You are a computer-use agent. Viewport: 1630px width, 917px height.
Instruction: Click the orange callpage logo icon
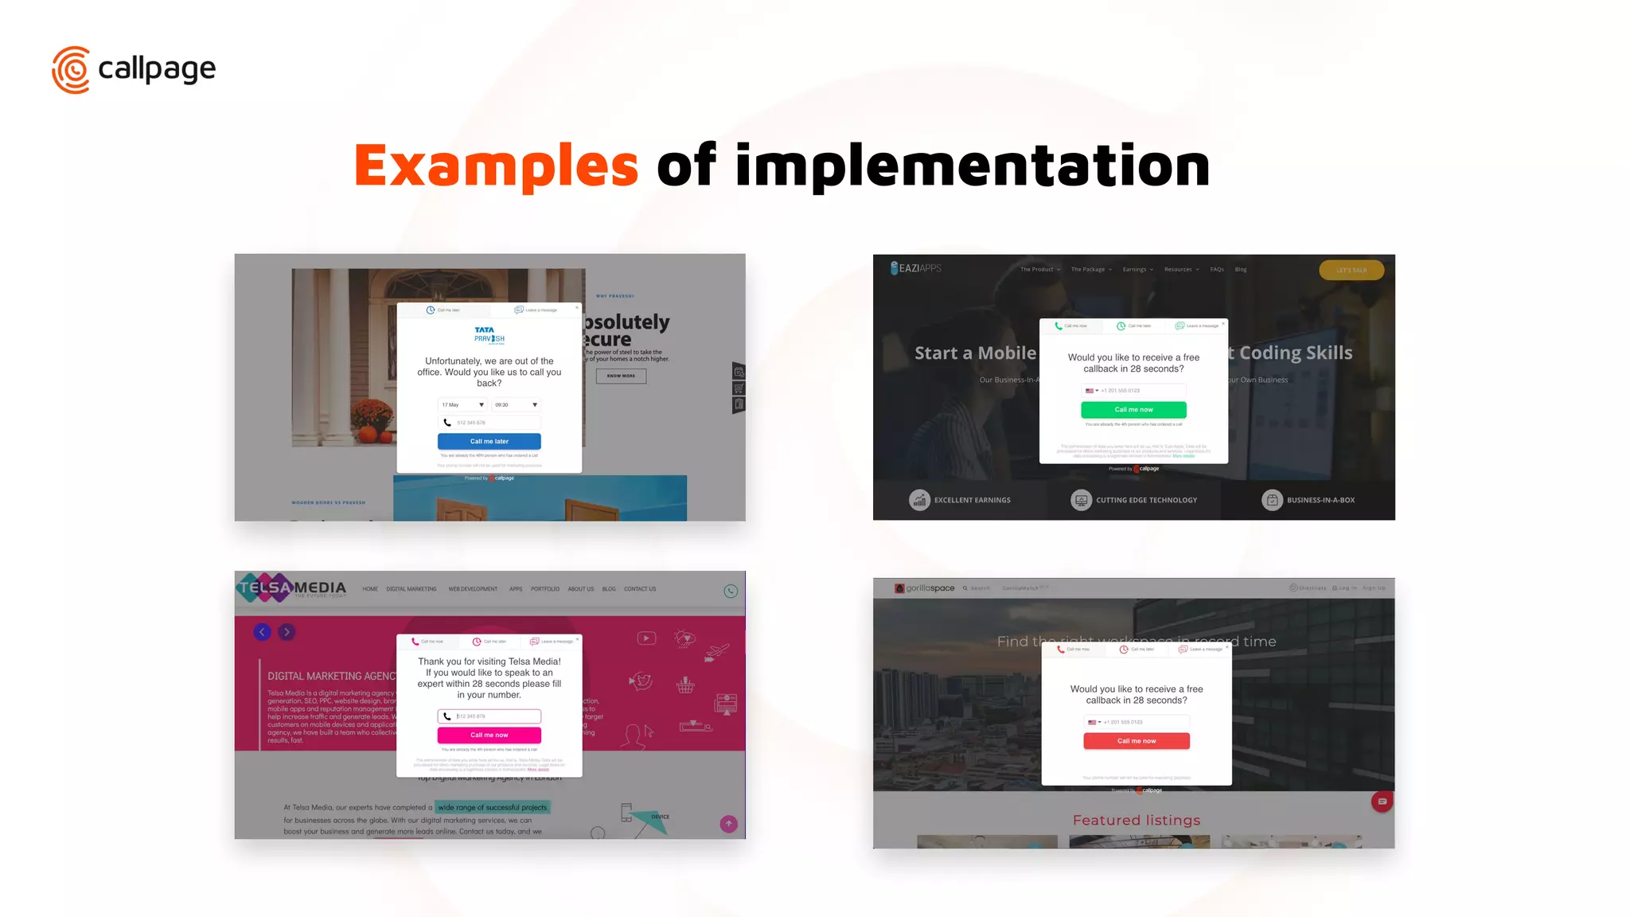71,70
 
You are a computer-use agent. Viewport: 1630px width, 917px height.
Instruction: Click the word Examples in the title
496,166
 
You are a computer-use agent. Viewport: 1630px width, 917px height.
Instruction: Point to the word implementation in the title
972,166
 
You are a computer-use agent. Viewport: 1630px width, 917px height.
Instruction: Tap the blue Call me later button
489,441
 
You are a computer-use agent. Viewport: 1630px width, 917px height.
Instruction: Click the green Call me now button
1133,410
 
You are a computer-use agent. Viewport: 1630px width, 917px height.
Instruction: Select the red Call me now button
1136,741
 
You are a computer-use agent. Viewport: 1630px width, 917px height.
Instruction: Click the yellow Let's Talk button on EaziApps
1351,270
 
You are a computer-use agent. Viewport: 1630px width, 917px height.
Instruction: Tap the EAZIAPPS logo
916,268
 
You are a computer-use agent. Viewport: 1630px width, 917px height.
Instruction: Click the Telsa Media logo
291,588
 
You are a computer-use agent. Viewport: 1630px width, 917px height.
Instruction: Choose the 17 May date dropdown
462,404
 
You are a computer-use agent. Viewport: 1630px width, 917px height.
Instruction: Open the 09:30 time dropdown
516,404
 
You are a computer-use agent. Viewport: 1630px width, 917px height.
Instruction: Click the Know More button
621,376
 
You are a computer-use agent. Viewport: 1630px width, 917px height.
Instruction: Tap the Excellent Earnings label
972,500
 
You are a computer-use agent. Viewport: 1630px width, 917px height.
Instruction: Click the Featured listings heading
1136,820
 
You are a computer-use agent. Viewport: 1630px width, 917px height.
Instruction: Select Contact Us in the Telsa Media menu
640,589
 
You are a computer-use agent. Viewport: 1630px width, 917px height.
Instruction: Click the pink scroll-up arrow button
728,824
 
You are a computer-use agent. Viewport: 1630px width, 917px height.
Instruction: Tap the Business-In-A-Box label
1320,500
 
